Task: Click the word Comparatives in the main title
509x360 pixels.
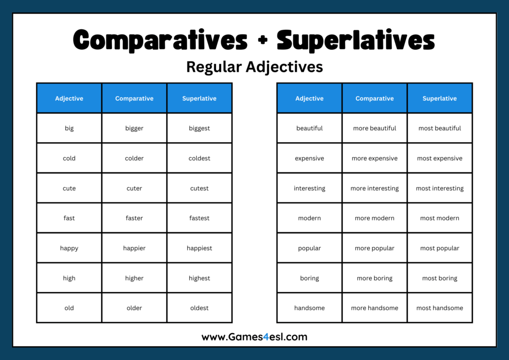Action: click(160, 40)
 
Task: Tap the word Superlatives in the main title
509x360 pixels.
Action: click(355, 40)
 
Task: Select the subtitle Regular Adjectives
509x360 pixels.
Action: click(254, 67)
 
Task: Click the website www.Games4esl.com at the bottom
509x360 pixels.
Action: click(254, 337)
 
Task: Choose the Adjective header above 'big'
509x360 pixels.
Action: click(69, 98)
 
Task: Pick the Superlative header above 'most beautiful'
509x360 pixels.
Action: click(439, 98)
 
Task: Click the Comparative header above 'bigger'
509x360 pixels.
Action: click(134, 98)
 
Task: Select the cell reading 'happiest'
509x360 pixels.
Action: click(199, 248)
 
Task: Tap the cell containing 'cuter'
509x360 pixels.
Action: click(134, 188)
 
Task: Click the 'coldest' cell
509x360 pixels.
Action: click(199, 158)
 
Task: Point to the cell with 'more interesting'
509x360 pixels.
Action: click(374, 188)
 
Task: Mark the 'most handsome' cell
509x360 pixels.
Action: click(439, 308)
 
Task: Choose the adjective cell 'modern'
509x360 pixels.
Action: click(309, 218)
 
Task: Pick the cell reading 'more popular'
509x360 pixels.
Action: click(374, 248)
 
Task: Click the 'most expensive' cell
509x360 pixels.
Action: click(439, 158)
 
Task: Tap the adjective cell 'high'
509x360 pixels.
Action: click(69, 278)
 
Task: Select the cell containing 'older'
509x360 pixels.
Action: click(134, 308)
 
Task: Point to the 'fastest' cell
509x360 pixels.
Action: click(199, 218)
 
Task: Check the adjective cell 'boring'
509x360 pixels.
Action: click(309, 278)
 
